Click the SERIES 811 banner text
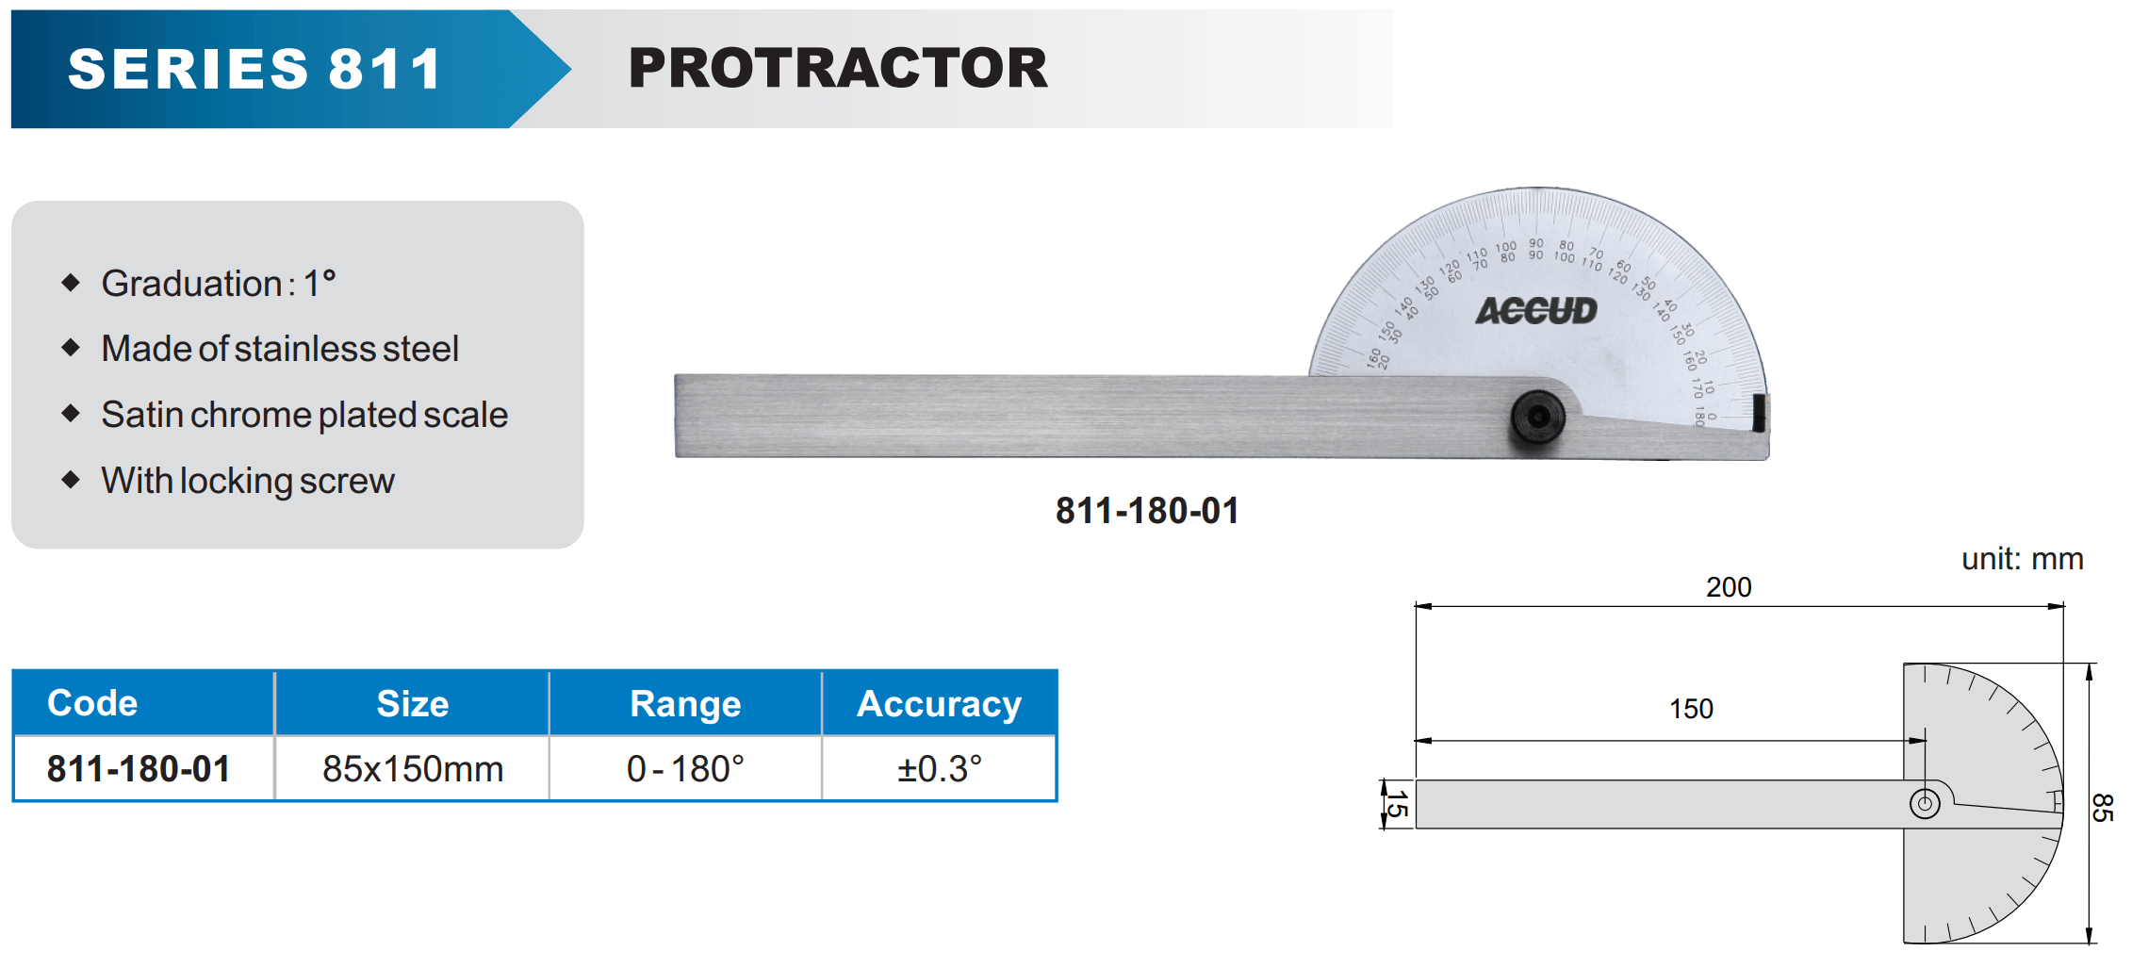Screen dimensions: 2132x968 tap(254, 69)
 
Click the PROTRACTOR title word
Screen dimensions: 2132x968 tap(838, 68)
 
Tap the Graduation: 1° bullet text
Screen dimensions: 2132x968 tap(219, 284)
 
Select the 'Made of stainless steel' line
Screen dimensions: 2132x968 tap(280, 349)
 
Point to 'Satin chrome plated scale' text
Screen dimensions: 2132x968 tap(304, 415)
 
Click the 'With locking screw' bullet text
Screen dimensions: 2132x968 tap(248, 481)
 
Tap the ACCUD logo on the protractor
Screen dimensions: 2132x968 tap(1536, 310)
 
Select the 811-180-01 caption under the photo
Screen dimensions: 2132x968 tap(1147, 511)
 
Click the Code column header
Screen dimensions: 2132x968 tap(92, 703)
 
